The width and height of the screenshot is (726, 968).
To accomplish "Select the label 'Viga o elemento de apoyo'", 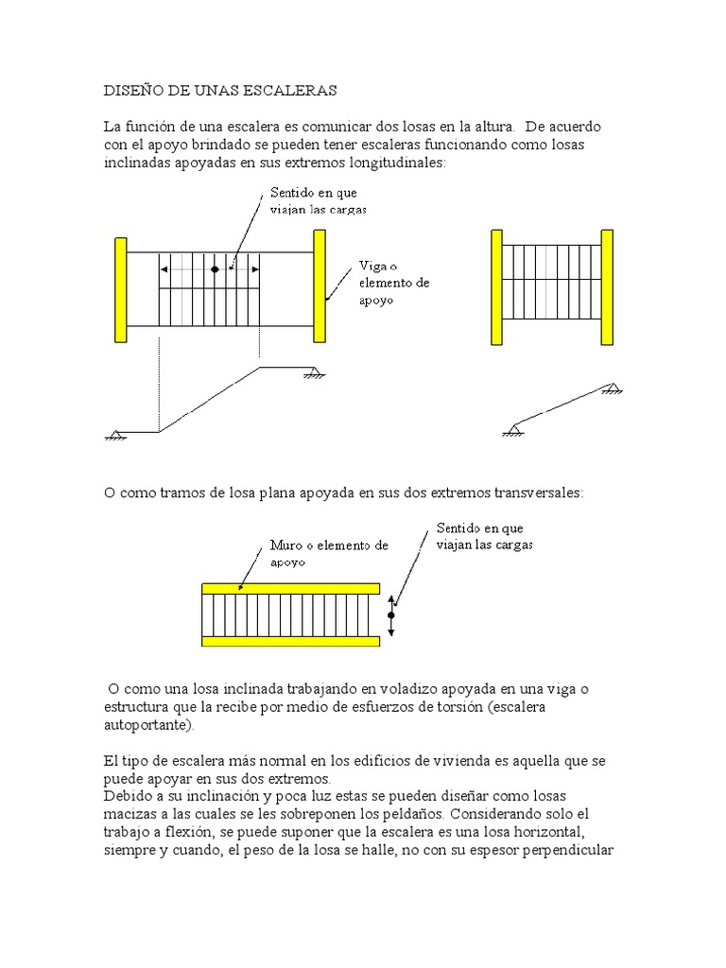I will pos(393,283).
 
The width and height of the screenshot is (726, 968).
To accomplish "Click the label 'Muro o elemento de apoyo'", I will pos(328,553).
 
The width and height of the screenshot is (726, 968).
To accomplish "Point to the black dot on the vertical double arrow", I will pos(391,614).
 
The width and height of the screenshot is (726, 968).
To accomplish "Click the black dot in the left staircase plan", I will pos(215,269).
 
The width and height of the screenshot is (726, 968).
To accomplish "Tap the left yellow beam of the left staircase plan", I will pos(120,289).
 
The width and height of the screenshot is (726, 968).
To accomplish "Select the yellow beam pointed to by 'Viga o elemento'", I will pos(320,285).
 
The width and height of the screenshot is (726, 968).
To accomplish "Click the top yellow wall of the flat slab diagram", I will pos(290,588).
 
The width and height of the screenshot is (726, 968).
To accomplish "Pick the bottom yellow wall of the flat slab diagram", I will pos(290,641).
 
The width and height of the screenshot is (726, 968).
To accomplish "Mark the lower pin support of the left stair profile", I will pos(116,435).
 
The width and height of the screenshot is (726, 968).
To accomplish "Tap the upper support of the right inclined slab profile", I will pos(612,387).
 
